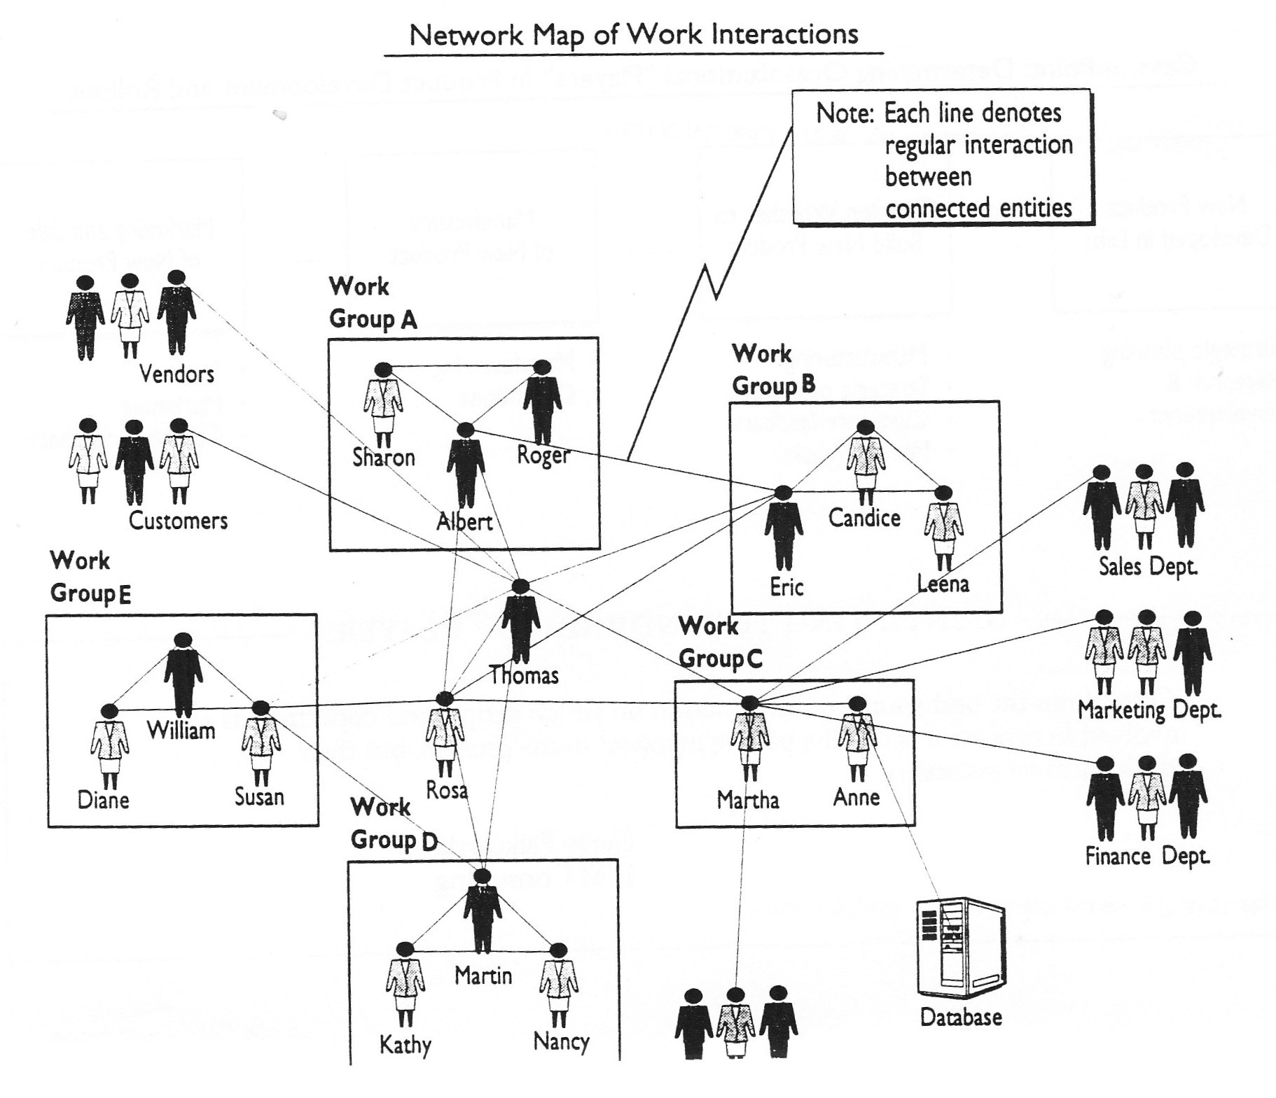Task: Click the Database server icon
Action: coord(961,949)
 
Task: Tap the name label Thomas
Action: coord(524,675)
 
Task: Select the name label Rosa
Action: coord(447,791)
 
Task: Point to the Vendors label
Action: coord(176,374)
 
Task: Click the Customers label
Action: coord(178,521)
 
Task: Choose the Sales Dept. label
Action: coord(1148,566)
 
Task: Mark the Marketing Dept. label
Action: coord(1149,710)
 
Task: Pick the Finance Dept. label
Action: coord(1147,856)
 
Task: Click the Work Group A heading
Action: coord(373,302)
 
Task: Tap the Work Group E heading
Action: coord(90,577)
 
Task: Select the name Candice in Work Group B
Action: coord(864,518)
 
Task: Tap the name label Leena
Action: coord(943,584)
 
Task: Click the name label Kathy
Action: coord(405,1045)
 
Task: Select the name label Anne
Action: coord(856,797)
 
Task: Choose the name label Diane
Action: coord(103,800)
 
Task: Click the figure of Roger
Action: coord(542,402)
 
